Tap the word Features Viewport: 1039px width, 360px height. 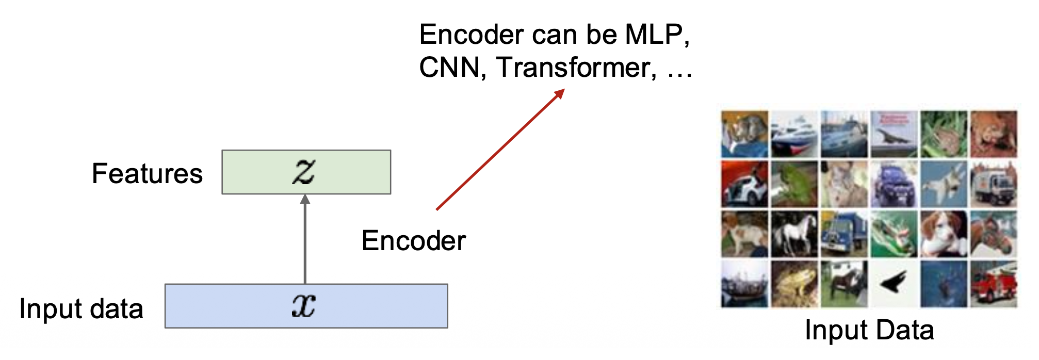click(147, 174)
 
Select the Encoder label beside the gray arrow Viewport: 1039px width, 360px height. click(414, 241)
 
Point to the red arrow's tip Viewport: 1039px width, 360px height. click(563, 90)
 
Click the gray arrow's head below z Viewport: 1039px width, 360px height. click(305, 199)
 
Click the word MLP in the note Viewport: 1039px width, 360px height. click(655, 35)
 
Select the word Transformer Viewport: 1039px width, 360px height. click(576, 68)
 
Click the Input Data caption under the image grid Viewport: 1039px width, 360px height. click(869, 330)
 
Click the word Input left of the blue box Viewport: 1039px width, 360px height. click(43, 309)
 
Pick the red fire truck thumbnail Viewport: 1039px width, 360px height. click(993, 284)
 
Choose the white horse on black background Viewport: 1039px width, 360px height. click(794, 234)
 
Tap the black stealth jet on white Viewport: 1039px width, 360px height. click(894, 283)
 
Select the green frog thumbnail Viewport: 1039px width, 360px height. click(794, 184)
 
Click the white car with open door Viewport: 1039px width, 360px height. click(744, 184)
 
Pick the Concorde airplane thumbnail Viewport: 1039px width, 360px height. click(894, 134)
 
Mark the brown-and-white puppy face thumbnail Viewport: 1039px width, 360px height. click(944, 234)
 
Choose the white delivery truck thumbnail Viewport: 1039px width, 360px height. click(993, 184)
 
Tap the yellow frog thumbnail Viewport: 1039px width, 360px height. click(794, 284)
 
